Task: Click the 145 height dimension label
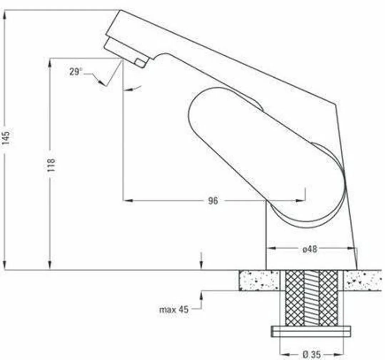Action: [6, 138]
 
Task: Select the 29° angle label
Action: [76, 72]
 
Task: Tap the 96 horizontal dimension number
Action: [213, 201]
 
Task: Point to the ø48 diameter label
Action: [309, 249]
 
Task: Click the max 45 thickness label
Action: [174, 309]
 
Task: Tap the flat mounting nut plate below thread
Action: [311, 331]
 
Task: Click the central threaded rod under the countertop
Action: [311, 298]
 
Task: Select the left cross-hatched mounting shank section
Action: [295, 298]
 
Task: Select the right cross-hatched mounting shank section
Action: [328, 298]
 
